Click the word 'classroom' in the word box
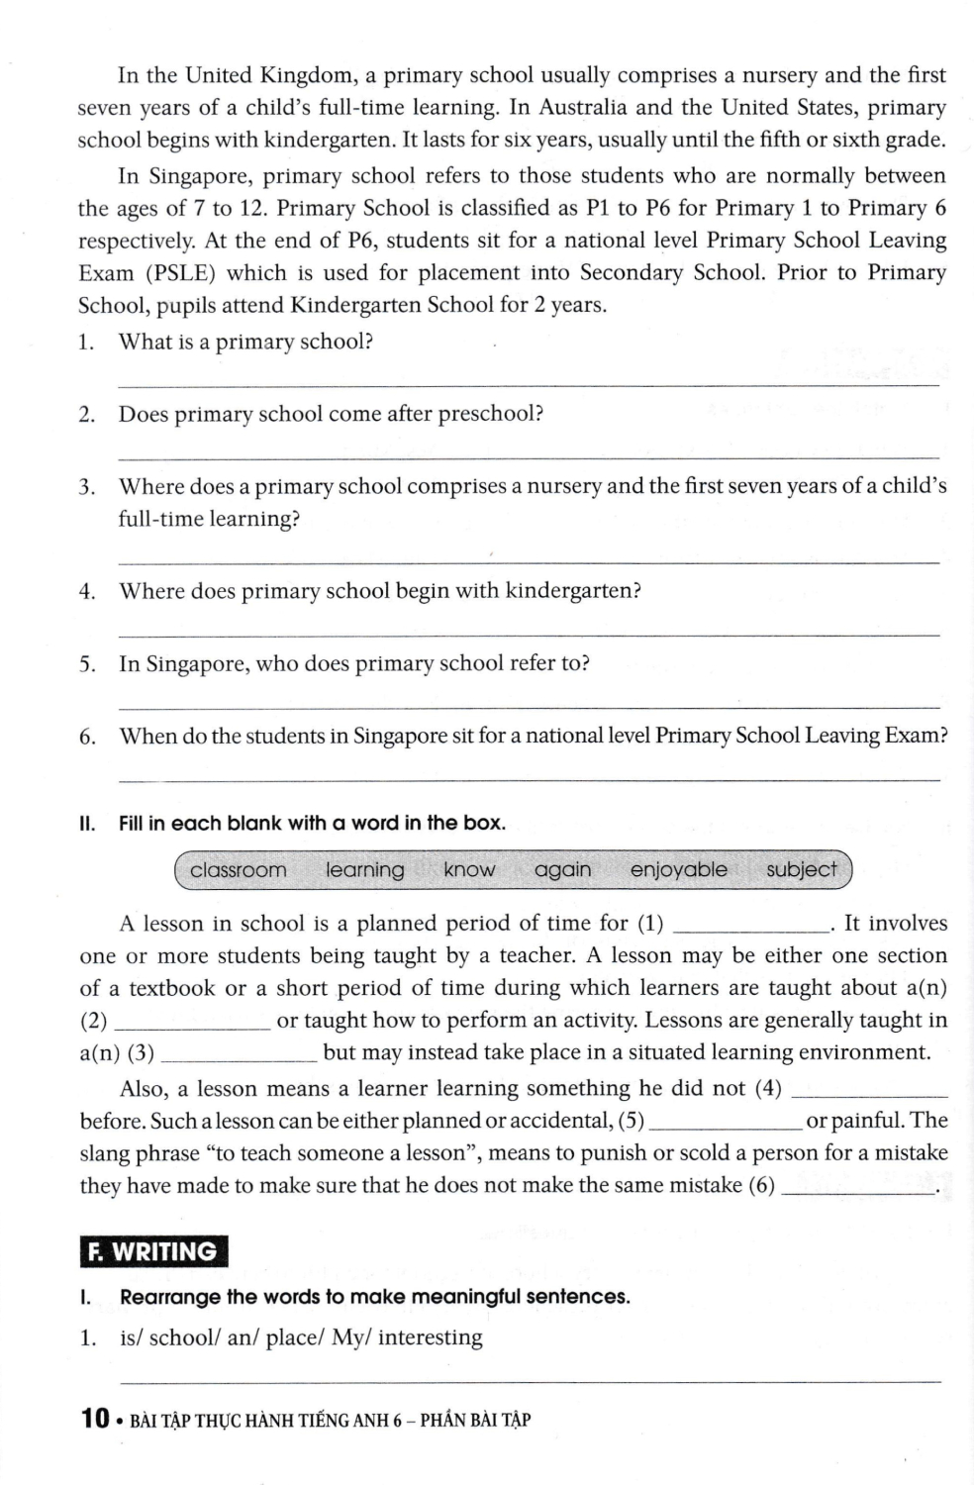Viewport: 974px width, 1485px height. [238, 870]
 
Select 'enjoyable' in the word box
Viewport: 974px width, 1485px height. [678, 870]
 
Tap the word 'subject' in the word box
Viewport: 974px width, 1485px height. [801, 870]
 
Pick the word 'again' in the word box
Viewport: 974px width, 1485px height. [562, 870]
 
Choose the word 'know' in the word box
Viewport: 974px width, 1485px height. [469, 870]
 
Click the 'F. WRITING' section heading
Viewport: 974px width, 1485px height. [153, 1251]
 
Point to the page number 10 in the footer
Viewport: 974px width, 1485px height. [95, 1419]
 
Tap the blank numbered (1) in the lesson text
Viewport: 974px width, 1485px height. [750, 929]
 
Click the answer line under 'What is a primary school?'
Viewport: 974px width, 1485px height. [529, 384]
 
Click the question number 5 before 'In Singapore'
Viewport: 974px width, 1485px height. [87, 664]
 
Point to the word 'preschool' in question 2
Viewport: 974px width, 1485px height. [490, 414]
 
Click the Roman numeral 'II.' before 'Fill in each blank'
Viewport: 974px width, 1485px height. [87, 824]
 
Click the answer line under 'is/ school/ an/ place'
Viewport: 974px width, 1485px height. [529, 1380]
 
